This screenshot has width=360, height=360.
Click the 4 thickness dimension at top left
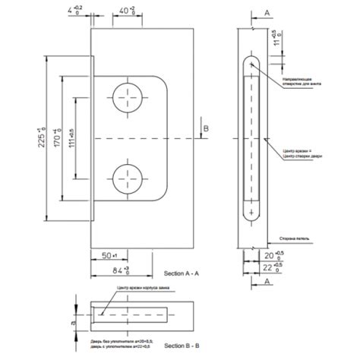(x=74, y=11)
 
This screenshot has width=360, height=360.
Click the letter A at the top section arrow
(x=267, y=13)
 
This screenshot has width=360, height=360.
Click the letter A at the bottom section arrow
(x=267, y=279)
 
